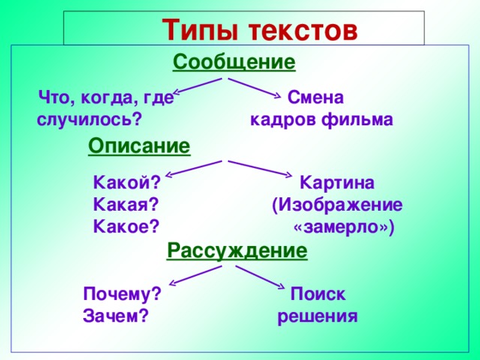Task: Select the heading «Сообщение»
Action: [234, 61]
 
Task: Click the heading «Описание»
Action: [139, 145]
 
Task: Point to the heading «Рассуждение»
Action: [238, 250]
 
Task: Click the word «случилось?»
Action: [89, 119]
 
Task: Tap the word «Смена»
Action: [316, 97]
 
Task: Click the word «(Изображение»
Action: [337, 205]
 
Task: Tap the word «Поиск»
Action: [318, 295]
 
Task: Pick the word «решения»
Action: [317, 316]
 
